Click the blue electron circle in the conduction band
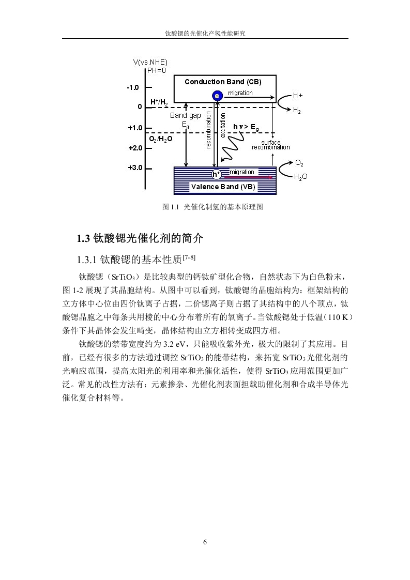(x=217, y=96)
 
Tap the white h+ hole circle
(x=216, y=174)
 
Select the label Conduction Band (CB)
(x=223, y=82)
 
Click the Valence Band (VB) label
(x=223, y=187)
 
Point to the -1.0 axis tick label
(x=133, y=88)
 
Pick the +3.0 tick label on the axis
(x=135, y=168)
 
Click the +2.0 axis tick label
(x=135, y=148)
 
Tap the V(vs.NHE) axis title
(x=150, y=62)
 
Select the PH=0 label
(x=157, y=70)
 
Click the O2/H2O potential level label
(x=161, y=139)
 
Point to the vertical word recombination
(x=208, y=130)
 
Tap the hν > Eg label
(x=246, y=128)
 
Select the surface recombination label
(x=271, y=145)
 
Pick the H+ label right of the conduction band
(x=298, y=96)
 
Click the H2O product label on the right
(x=300, y=177)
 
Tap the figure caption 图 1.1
(x=171, y=207)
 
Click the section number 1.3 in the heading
(x=83, y=239)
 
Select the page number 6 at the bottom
(x=205, y=542)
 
